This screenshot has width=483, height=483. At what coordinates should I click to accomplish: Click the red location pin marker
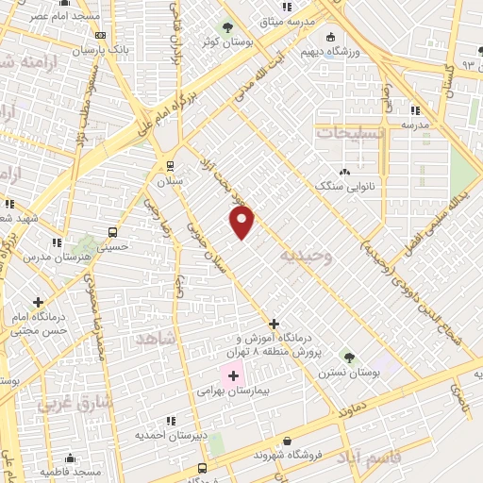click(242, 222)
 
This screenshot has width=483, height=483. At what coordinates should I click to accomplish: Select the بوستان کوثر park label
click(225, 42)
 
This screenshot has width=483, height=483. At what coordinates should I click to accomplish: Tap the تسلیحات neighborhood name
click(350, 133)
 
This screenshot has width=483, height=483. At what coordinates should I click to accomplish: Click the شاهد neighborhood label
click(158, 338)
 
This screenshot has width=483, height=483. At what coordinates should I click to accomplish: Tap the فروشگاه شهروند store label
click(288, 454)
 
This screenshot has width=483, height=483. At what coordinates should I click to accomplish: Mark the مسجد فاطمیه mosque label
click(71, 471)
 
